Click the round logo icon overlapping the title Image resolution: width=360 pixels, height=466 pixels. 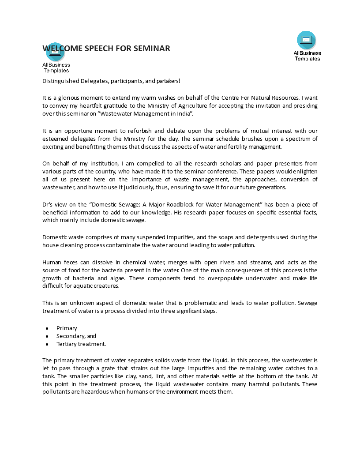(55, 52)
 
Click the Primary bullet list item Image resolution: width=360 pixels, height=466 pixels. (67, 328)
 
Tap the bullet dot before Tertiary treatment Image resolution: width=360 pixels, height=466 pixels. (47, 344)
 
